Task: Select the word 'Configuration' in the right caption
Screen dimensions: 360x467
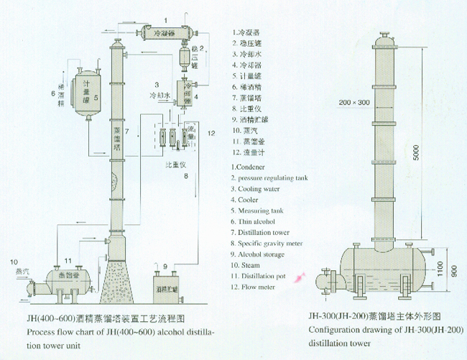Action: [333, 331]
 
